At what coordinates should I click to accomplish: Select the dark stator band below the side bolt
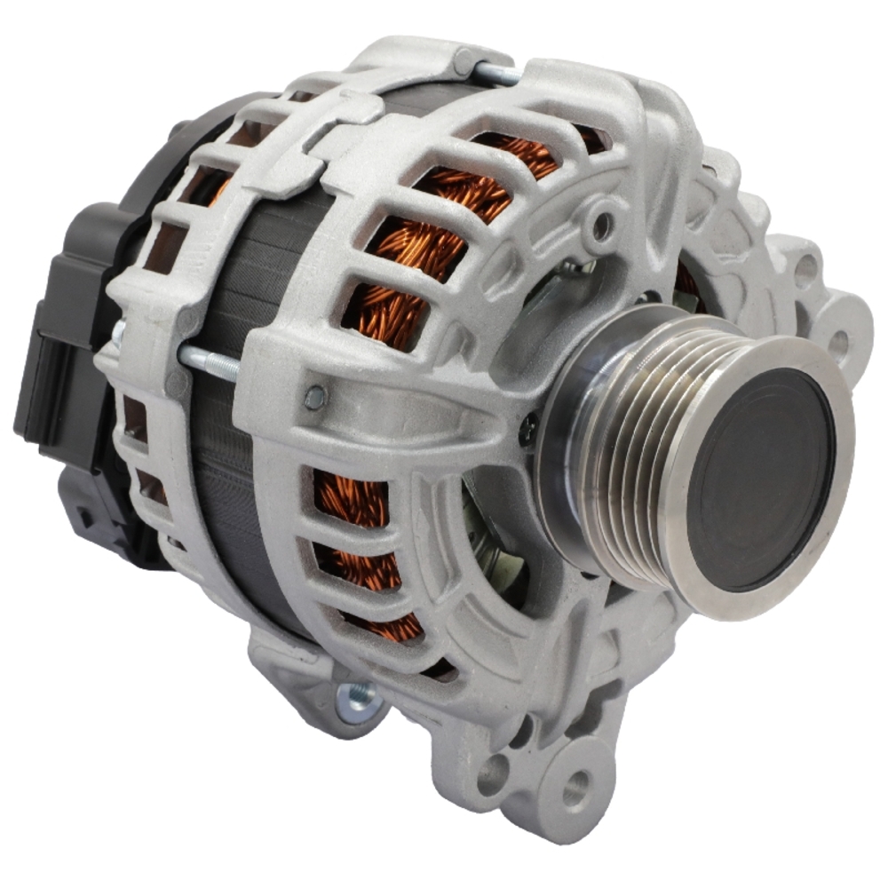(x=240, y=497)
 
